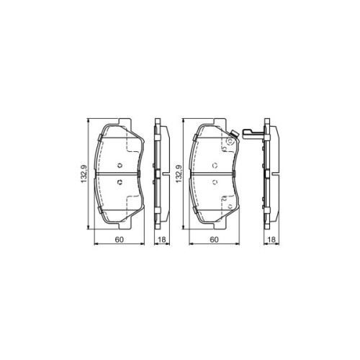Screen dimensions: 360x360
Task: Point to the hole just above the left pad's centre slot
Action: (120, 164)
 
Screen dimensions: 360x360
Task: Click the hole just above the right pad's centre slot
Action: (213, 164)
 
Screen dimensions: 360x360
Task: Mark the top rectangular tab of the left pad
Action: (120, 120)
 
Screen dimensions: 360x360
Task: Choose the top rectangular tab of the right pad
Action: (213, 120)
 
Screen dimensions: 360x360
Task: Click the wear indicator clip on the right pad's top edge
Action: (232, 138)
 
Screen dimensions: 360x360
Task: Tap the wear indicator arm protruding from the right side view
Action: (252, 135)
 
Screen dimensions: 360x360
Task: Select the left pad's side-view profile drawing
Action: (160, 174)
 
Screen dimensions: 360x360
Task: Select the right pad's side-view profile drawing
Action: (269, 174)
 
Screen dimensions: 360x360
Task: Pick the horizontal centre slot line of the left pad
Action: (120, 174)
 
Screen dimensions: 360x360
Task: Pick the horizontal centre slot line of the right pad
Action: (213, 174)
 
